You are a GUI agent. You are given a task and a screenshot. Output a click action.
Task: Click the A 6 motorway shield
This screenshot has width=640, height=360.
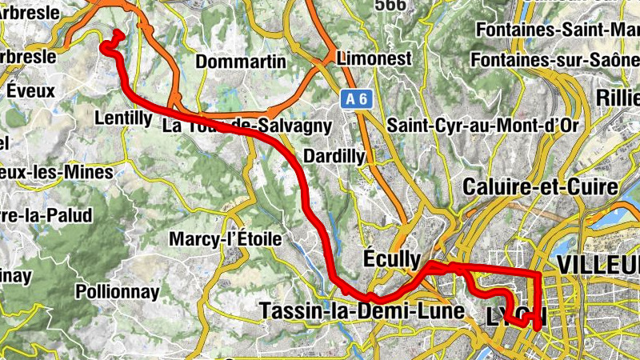[357, 98]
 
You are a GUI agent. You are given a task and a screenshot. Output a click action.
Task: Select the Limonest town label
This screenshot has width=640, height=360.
[374, 58]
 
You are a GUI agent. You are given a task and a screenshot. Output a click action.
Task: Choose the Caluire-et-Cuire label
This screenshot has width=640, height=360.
[540, 188]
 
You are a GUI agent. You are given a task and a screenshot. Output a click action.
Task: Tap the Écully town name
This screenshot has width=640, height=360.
[391, 259]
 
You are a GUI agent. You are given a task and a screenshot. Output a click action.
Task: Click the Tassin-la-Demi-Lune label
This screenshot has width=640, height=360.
[362, 310]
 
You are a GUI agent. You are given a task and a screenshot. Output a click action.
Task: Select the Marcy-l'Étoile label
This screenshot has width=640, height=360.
[225, 238]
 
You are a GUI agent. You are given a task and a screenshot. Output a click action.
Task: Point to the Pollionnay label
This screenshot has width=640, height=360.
[117, 292]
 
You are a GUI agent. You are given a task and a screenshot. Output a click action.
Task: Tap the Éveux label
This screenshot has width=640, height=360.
[30, 90]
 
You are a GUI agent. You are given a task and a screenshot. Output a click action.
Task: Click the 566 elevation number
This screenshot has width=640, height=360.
[390, 6]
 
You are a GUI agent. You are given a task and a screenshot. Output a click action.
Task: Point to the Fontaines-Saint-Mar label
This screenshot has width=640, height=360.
[557, 30]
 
